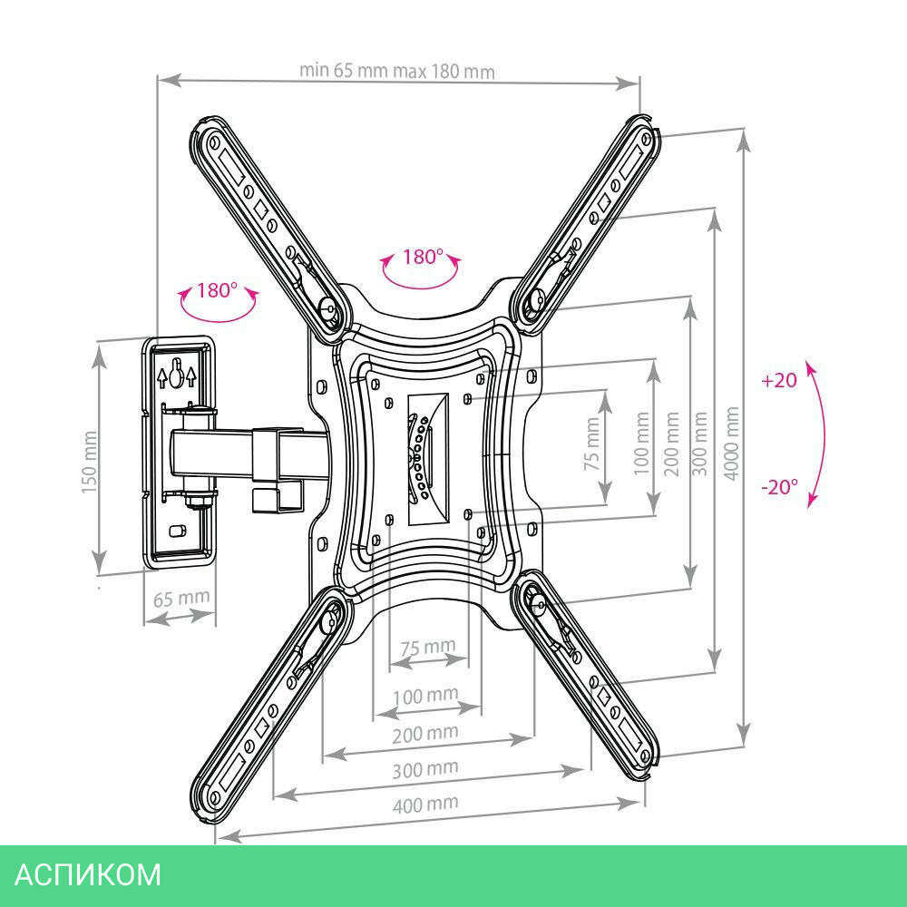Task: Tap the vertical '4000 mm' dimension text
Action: click(x=732, y=444)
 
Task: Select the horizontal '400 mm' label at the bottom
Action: click(x=425, y=803)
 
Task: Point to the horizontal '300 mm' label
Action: click(x=425, y=767)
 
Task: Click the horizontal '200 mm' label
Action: click(x=424, y=732)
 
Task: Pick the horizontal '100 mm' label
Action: click(x=424, y=695)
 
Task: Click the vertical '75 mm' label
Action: click(x=591, y=443)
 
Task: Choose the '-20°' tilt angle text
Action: click(x=779, y=487)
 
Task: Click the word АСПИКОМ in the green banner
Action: click(x=89, y=874)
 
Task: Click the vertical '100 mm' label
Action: click(x=642, y=444)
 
